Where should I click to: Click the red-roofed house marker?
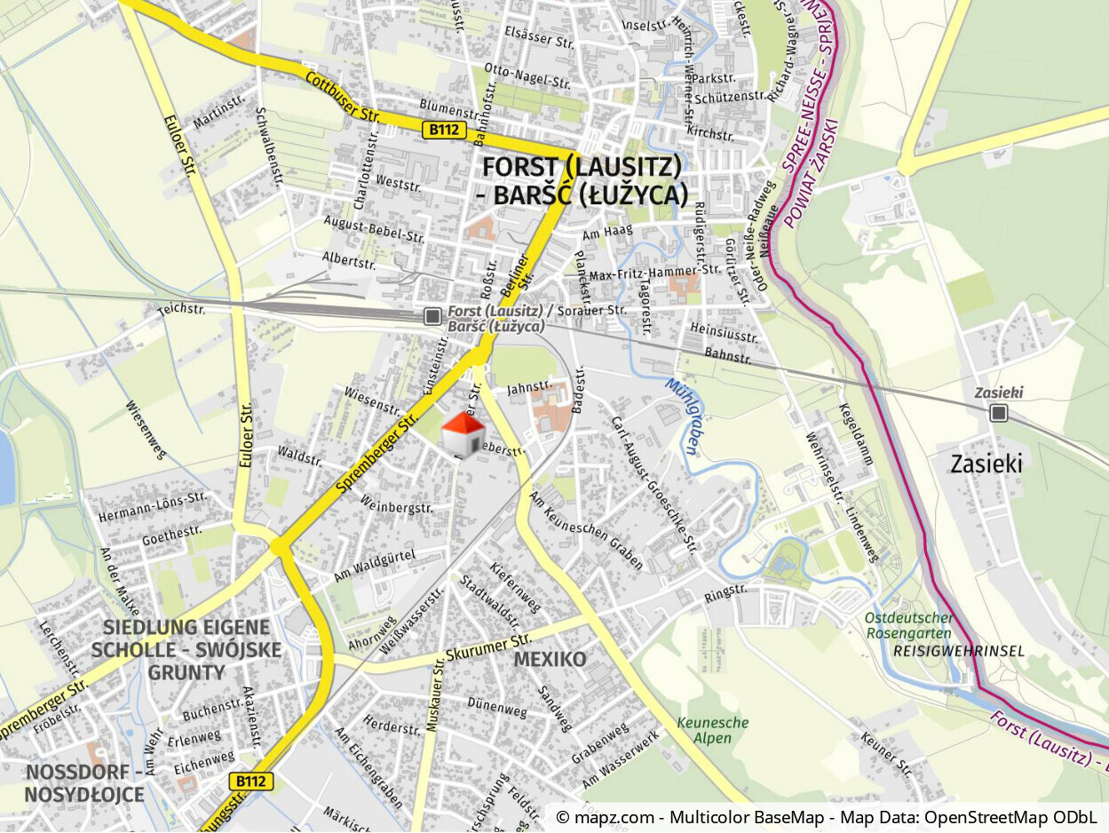pos(464,433)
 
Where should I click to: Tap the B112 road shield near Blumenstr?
pos(443,130)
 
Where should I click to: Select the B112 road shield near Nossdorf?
pos(251,781)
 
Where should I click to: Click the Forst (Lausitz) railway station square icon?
pos(432,316)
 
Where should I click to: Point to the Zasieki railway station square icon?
pos(1000,412)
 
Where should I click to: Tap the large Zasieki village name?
pos(986,464)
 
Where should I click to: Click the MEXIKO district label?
pos(550,659)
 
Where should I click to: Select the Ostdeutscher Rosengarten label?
pos(909,626)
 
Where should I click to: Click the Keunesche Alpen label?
pos(713,730)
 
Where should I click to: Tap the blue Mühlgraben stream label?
pos(682,415)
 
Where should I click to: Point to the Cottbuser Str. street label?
pos(343,97)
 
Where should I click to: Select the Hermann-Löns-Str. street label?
pos(152,507)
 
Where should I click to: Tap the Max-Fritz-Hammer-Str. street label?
pos(655,273)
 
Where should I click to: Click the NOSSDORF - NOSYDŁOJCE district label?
pos(84,782)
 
